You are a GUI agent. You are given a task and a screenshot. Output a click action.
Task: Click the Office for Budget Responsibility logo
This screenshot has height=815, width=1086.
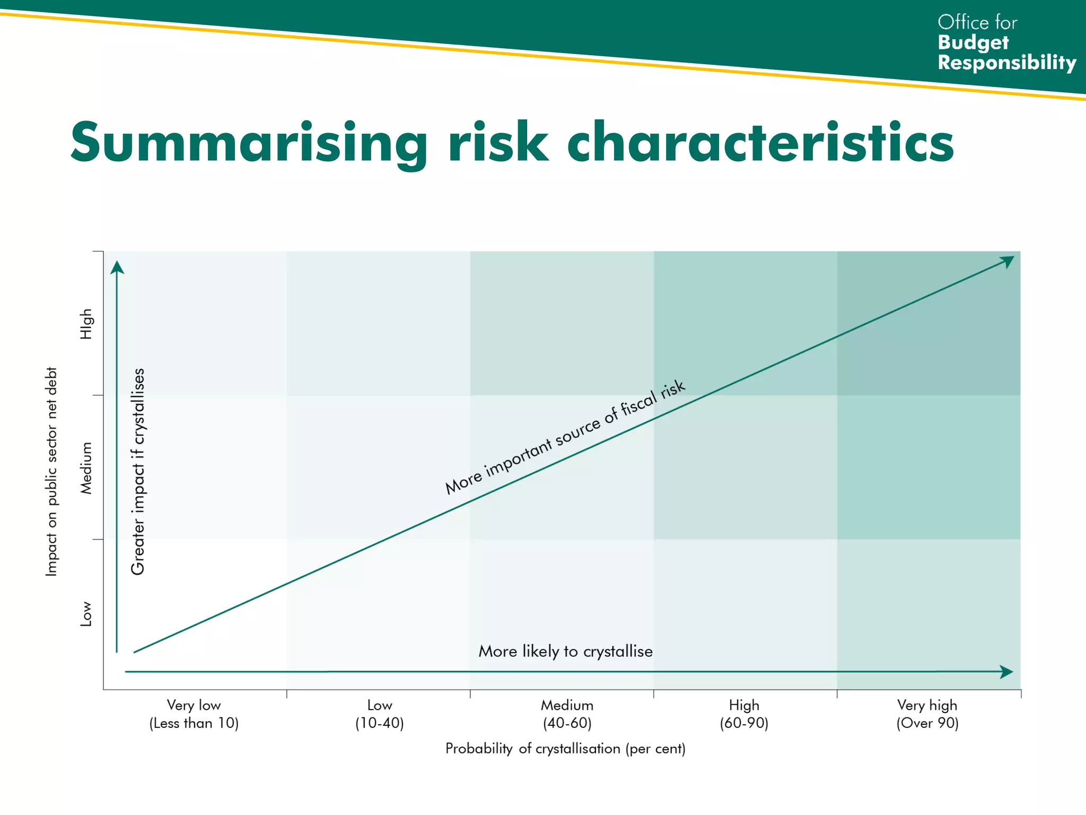(1005, 42)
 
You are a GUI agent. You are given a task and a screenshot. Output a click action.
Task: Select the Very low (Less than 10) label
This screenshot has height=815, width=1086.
(194, 714)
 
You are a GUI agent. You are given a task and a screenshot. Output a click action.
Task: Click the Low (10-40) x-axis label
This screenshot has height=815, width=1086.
(379, 714)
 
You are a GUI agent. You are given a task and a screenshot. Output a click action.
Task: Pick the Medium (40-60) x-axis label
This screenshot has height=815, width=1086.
(567, 714)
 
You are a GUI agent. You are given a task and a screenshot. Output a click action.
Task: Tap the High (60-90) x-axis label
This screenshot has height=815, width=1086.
(744, 714)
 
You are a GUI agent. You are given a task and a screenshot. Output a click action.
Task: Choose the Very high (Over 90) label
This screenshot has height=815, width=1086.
(927, 714)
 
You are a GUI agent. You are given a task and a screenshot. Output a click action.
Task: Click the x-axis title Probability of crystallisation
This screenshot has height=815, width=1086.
(565, 749)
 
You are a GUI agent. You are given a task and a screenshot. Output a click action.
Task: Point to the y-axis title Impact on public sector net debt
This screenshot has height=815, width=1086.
(51, 471)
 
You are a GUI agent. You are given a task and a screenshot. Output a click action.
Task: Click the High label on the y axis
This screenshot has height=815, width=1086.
(86, 324)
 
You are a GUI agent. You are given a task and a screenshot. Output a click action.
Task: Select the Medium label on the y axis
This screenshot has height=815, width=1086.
(86, 468)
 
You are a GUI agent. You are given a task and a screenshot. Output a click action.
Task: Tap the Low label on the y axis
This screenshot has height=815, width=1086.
(86, 613)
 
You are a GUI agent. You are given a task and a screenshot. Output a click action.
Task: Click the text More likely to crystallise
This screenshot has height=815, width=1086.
(565, 651)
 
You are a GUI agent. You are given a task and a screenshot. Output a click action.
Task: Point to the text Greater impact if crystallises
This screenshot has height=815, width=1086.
(138, 471)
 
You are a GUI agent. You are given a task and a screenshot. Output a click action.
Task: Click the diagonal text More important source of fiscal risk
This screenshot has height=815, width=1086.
(565, 437)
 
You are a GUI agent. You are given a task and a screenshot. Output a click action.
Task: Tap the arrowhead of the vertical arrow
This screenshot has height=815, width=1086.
(117, 267)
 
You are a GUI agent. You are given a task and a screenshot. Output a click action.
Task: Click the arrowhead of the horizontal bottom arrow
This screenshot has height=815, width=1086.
(1006, 672)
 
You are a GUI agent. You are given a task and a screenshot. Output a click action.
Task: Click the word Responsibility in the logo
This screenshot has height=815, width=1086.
(1006, 63)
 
